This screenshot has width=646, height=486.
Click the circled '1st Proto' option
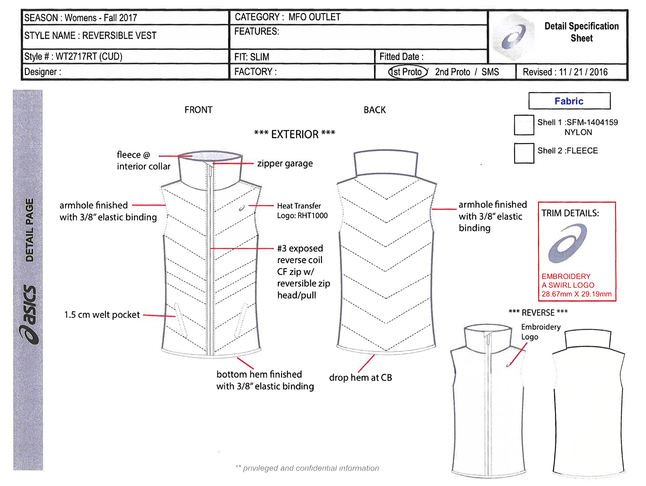408,72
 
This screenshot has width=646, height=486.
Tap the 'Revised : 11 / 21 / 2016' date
565,72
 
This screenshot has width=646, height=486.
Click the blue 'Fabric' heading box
569,101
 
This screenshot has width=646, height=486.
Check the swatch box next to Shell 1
524,125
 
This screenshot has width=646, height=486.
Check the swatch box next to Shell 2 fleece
524,153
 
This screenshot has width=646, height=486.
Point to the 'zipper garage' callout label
285,164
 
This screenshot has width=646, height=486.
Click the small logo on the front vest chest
242,208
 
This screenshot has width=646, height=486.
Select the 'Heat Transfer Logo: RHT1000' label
302,211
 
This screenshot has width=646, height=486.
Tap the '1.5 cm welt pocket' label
102,315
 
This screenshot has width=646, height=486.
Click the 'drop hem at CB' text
360,378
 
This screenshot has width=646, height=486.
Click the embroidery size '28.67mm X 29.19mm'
576,294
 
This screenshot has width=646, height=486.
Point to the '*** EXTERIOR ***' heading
294,134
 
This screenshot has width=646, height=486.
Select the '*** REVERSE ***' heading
538,313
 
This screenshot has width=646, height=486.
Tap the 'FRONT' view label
198,110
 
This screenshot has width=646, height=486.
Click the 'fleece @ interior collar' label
143,161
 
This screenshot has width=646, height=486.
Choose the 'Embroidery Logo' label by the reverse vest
540,332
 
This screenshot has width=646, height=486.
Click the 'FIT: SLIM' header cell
252,57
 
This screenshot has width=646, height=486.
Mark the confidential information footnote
307,468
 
